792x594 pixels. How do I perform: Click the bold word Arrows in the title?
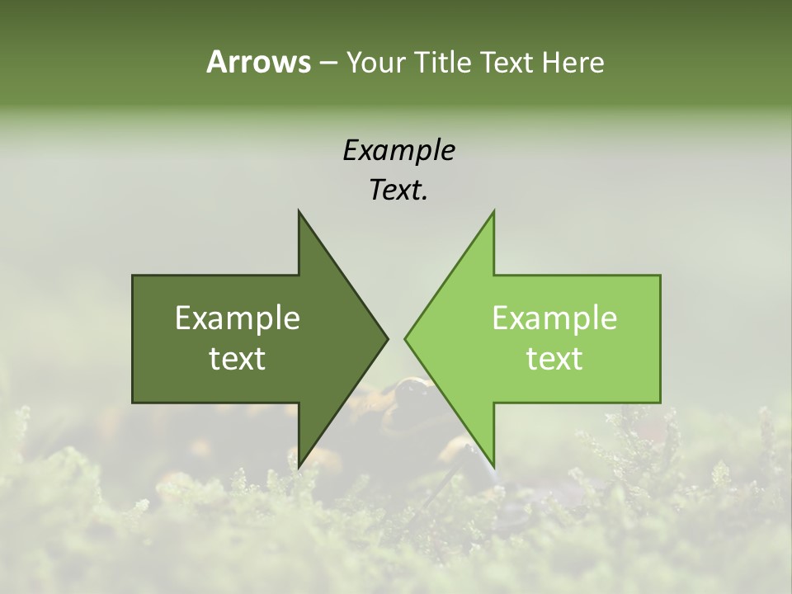pyautogui.click(x=258, y=62)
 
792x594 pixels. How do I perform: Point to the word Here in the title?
pyautogui.click(x=573, y=62)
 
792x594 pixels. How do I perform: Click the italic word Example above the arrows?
pyautogui.click(x=398, y=150)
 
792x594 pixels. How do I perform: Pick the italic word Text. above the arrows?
pyautogui.click(x=398, y=191)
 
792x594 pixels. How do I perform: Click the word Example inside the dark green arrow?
pyautogui.click(x=238, y=318)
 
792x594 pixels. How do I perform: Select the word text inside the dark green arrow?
pyautogui.click(x=238, y=358)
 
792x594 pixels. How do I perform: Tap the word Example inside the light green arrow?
pyautogui.click(x=554, y=318)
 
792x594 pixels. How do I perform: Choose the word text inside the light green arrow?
pyautogui.click(x=554, y=358)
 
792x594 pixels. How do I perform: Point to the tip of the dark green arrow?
pyautogui.click(x=388, y=338)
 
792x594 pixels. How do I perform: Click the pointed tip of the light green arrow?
pyautogui.click(x=405, y=338)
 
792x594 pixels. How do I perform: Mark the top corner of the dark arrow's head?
pyautogui.click(x=299, y=211)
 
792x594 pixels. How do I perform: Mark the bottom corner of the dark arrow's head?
pyautogui.click(x=299, y=467)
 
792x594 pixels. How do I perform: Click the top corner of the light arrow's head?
pyautogui.click(x=493, y=211)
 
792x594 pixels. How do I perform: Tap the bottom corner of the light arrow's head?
pyautogui.click(x=493, y=467)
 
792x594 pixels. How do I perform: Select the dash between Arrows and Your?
pyautogui.click(x=328, y=64)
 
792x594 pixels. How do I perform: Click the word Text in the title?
pyautogui.click(x=506, y=62)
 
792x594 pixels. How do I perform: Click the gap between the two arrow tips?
pyautogui.click(x=396, y=338)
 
